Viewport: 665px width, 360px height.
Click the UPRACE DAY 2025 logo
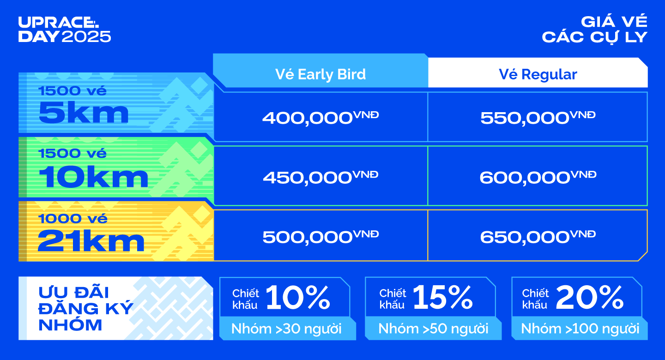pyautogui.click(x=65, y=30)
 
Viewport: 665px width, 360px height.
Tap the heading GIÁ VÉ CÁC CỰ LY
pyautogui.click(x=595, y=30)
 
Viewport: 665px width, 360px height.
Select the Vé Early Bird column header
pyautogui.click(x=320, y=74)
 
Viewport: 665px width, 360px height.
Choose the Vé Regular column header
pyautogui.click(x=538, y=74)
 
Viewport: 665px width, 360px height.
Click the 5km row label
pyautogui.click(x=84, y=113)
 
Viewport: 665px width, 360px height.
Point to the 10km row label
pyautogui.click(x=93, y=177)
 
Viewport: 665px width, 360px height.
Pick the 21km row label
pyautogui.click(x=91, y=241)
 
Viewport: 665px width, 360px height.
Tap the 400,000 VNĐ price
pyautogui.click(x=320, y=118)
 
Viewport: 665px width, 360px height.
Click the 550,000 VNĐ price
pyautogui.click(x=538, y=118)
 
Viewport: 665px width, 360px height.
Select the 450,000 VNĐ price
pyautogui.click(x=320, y=177)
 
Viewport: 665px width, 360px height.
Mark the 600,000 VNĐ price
pyautogui.click(x=538, y=177)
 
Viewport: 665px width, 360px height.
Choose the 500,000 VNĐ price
pyautogui.click(x=320, y=237)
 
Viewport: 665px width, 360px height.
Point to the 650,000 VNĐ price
pyautogui.click(x=538, y=237)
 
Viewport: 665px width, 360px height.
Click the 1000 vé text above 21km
pyautogui.click(x=73, y=219)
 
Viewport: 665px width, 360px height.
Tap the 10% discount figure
pyautogui.click(x=298, y=298)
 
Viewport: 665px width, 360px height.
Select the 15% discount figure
pyautogui.click(x=442, y=298)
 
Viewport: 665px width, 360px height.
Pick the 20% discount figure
pyautogui.click(x=590, y=298)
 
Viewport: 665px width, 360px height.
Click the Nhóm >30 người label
pyautogui.click(x=286, y=329)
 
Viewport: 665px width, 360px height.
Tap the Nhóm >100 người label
pyautogui.click(x=580, y=329)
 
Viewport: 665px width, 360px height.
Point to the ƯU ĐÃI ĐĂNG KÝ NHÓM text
pyautogui.click(x=86, y=309)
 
